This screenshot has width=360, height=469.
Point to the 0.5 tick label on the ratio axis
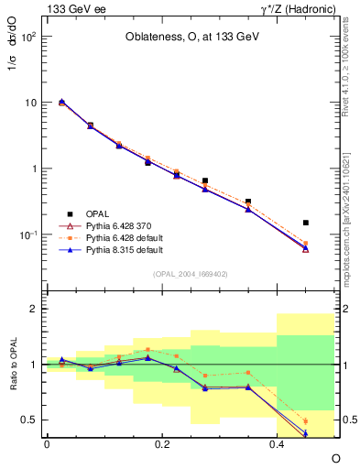click(31, 420)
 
